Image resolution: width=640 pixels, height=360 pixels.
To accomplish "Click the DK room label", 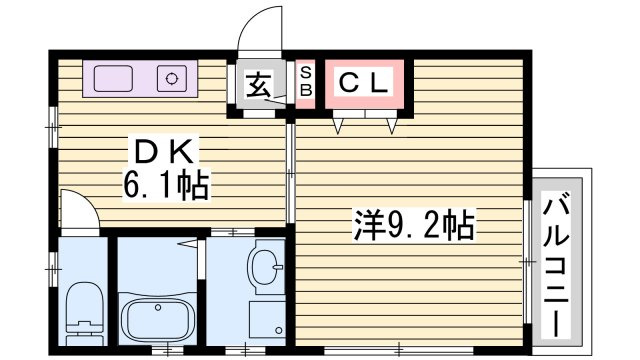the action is (163, 151).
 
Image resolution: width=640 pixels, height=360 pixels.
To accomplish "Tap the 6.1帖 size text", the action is (166, 183).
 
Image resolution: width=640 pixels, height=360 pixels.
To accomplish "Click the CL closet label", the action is (363, 83).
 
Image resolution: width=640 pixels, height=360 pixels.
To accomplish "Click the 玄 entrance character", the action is (259, 84).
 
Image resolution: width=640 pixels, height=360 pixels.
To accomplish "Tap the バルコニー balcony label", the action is (556, 266).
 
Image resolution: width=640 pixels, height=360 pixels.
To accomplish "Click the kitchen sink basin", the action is (113, 78).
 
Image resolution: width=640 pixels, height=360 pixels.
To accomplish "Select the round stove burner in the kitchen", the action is (172, 78).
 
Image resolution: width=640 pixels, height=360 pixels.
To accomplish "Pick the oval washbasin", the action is (263, 267).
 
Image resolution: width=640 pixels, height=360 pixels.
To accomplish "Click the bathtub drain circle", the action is (158, 307).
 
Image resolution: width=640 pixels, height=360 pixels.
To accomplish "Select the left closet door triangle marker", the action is (338, 126).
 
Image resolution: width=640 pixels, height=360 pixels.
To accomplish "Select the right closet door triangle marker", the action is (392, 126).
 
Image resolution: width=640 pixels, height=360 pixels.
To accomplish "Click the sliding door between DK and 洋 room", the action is (290, 173).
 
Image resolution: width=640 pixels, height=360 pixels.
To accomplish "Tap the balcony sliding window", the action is (527, 261).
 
